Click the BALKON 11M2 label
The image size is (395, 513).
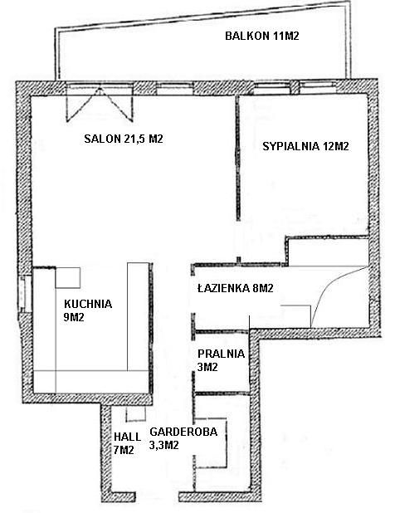262,36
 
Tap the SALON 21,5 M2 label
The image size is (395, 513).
124,139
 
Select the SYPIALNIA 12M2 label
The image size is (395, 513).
305,146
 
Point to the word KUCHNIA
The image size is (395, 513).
88,304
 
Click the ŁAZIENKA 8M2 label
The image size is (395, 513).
236,288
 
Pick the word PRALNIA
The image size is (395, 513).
221,354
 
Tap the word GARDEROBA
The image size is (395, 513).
183,432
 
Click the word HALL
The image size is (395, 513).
127,437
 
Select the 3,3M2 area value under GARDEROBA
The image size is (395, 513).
163,445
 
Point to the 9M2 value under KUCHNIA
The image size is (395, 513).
74,317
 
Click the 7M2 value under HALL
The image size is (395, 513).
124,450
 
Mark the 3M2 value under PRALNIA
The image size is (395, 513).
207,367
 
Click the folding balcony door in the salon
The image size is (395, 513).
100,103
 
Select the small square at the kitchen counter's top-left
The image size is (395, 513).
68,277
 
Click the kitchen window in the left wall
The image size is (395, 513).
25,294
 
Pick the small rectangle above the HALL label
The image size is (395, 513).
136,414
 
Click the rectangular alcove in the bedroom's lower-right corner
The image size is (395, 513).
328,252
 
